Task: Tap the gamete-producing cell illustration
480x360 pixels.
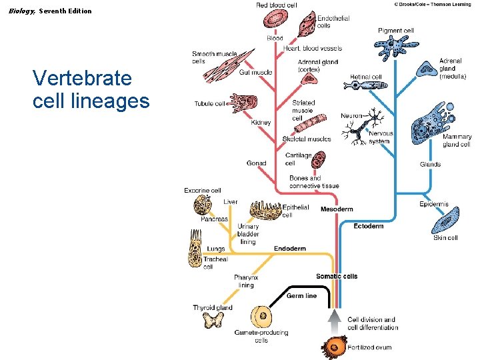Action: [261, 316]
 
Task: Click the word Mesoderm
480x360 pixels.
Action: [337, 209]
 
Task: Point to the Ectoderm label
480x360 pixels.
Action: [368, 226]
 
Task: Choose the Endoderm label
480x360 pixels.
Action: [289, 249]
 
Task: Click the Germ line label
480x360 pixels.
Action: [301, 296]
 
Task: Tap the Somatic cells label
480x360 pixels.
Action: [337, 276]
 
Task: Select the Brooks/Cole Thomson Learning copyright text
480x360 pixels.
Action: [432, 4]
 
